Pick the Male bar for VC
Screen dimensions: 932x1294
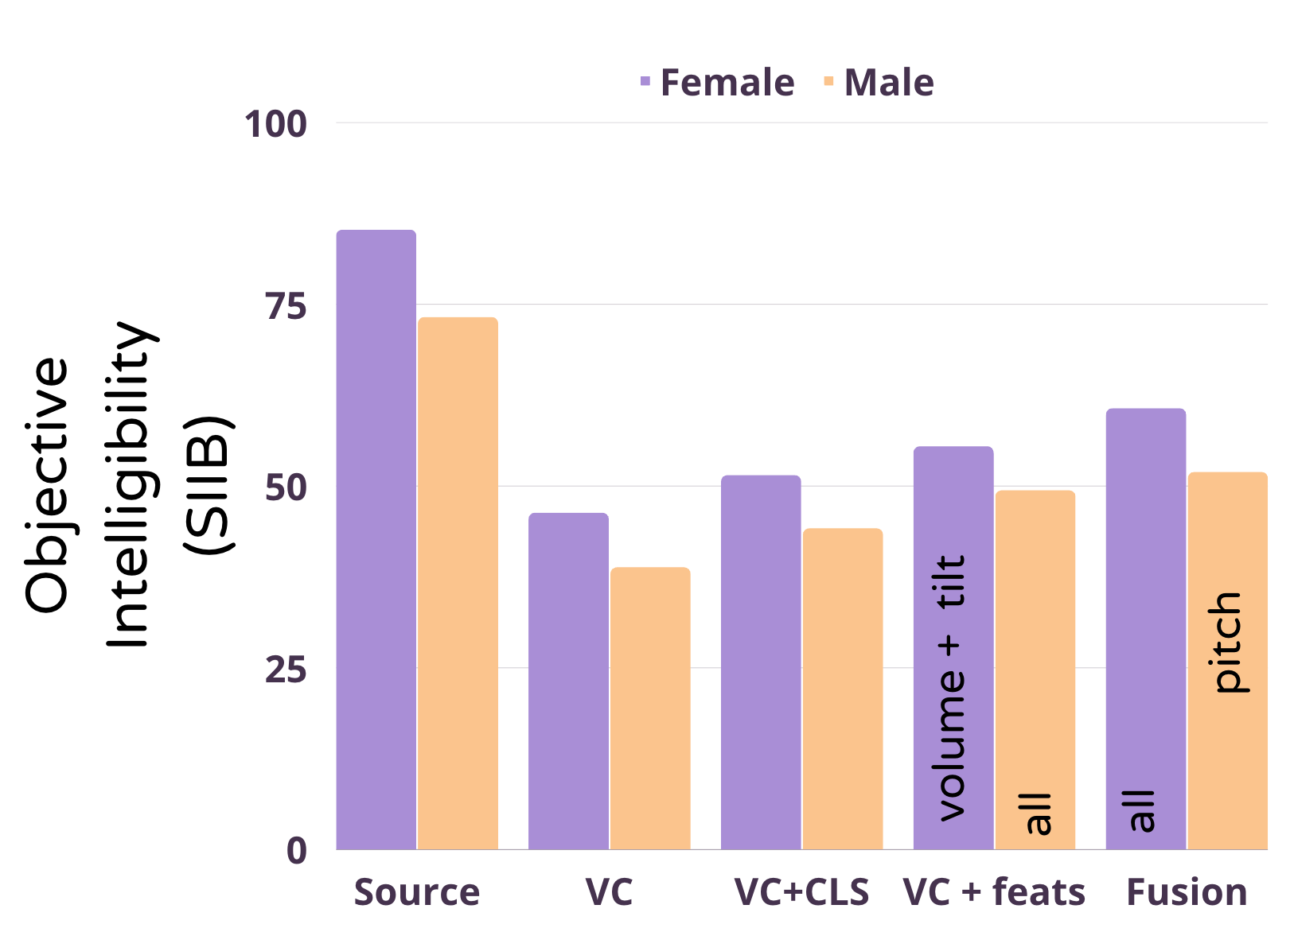coord(650,708)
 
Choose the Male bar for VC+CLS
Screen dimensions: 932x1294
coord(843,689)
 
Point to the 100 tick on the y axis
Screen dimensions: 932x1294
coord(275,124)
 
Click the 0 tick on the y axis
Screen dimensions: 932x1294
coord(297,851)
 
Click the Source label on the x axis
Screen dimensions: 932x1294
coord(417,892)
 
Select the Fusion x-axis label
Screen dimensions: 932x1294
coord(1187,892)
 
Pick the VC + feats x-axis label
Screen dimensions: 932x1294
coord(994,892)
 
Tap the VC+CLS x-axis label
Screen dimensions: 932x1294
coord(801,892)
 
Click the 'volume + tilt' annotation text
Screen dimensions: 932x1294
coord(951,688)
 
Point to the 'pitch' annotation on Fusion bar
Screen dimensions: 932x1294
coord(1226,643)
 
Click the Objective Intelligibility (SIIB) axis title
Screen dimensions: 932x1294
coord(127,485)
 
